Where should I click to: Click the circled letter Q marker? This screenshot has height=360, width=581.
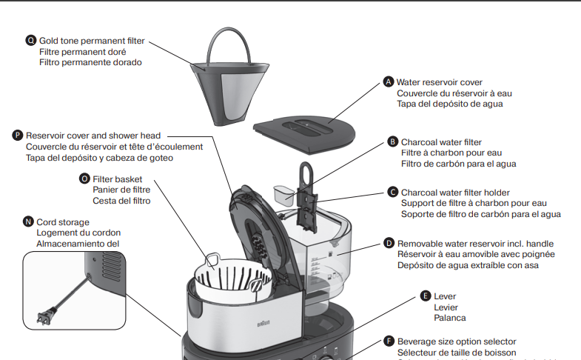click(31, 40)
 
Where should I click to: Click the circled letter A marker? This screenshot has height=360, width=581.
click(388, 82)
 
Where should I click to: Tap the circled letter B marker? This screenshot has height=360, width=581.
click(393, 141)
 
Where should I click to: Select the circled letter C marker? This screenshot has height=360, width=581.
click(393, 192)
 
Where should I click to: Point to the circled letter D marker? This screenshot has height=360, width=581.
click(389, 243)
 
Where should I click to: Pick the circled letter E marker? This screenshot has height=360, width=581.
click(425, 295)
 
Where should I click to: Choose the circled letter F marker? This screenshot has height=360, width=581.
click(389, 341)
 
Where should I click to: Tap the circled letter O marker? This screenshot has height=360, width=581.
click(85, 179)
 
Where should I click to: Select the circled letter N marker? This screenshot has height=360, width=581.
click(28, 221)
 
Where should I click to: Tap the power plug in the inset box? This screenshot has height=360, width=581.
click(47, 318)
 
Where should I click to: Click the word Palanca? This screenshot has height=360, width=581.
click(449, 318)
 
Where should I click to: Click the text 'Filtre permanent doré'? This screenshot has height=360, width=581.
click(82, 52)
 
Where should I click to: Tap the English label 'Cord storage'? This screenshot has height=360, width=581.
click(63, 221)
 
